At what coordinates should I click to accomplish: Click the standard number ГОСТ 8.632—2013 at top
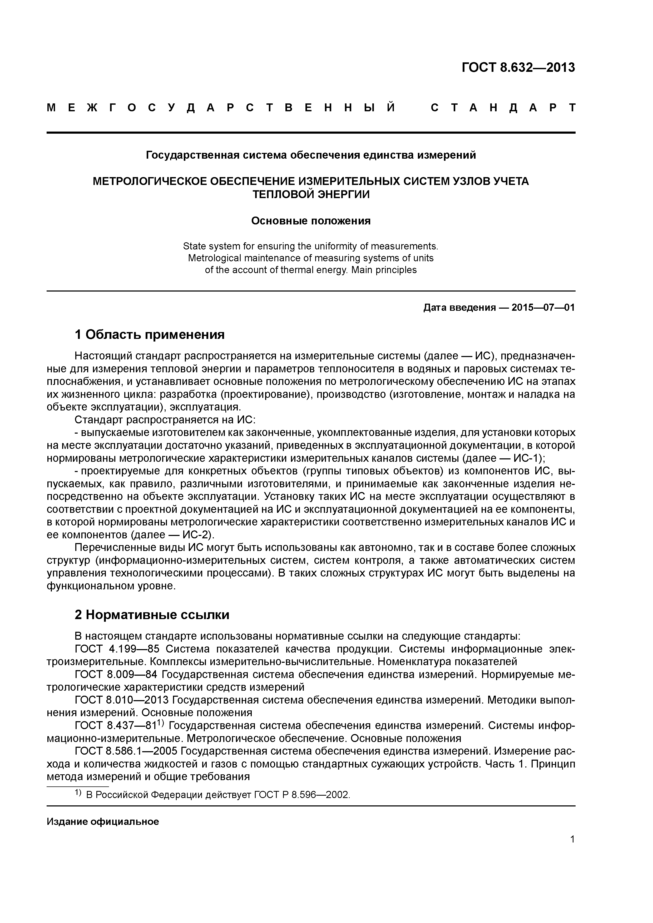point(518,68)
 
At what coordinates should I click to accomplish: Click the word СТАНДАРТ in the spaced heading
point(503,108)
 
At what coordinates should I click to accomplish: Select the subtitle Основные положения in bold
point(311,221)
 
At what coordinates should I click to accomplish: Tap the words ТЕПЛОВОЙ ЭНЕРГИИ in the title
point(311,194)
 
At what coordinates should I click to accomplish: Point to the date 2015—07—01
point(543,308)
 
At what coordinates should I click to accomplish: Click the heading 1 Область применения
point(150,334)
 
